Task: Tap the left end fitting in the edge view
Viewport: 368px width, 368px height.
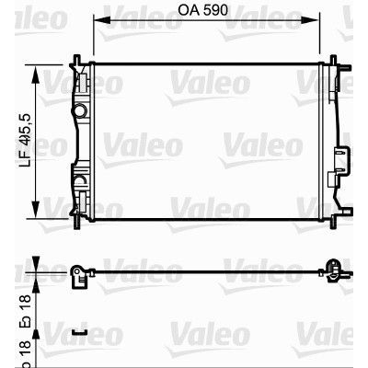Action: (x=80, y=272)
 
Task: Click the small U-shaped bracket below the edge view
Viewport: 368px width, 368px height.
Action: (x=80, y=331)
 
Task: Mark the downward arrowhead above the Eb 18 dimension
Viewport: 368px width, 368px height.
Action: (x=36, y=263)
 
